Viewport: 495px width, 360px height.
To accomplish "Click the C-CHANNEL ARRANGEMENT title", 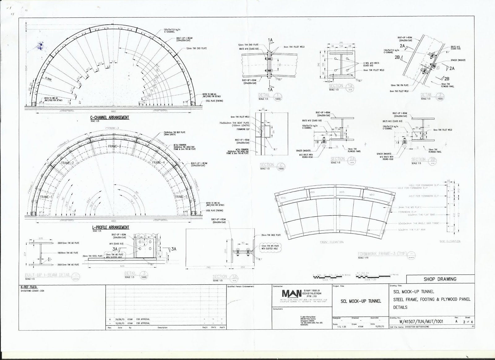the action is tap(110, 118).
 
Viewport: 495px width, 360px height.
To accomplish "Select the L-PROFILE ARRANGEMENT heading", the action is tap(111, 228).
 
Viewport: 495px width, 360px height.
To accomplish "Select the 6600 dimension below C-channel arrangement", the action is tap(113, 111).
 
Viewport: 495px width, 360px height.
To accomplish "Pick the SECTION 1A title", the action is tap(336, 86).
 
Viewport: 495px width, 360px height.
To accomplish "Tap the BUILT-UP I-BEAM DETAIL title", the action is tap(48, 275).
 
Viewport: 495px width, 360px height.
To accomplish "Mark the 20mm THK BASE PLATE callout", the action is tap(271, 235).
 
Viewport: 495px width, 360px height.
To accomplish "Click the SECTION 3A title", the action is tap(220, 276).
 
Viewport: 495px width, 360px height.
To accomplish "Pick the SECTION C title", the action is tap(267, 165).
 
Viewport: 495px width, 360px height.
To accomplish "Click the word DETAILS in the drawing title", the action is tap(400, 307).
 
